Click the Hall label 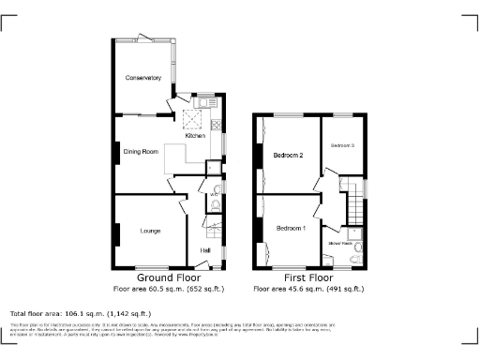[204, 249]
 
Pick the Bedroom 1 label [291, 228]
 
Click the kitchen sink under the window [202, 100]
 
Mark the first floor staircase [353, 200]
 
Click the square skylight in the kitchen [192, 118]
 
